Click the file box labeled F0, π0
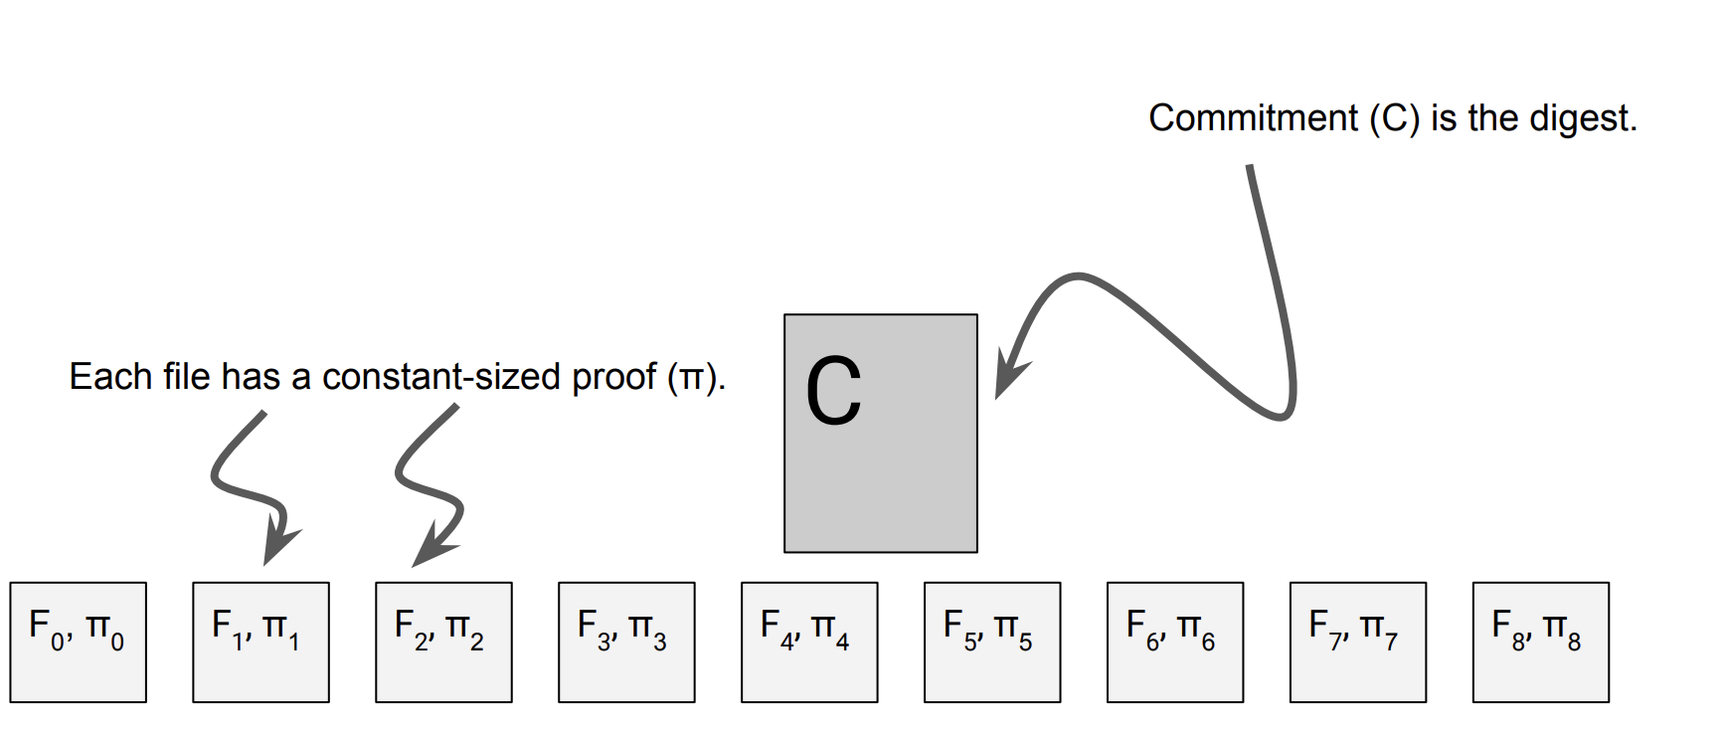pos(78,641)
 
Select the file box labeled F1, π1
pos(260,641)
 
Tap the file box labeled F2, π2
pos(443,641)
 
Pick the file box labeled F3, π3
pos(626,641)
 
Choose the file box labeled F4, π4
pos(809,641)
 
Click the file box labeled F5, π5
pos(992,641)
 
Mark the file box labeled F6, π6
pos(1175,641)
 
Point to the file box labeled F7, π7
pos(1358,641)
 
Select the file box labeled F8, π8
pos(1541,641)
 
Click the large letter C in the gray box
pos(833,392)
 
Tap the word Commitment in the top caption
pos(1253,118)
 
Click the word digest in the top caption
pos(1581,118)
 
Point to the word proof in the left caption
pos(613,378)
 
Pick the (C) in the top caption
pos(1393,118)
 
